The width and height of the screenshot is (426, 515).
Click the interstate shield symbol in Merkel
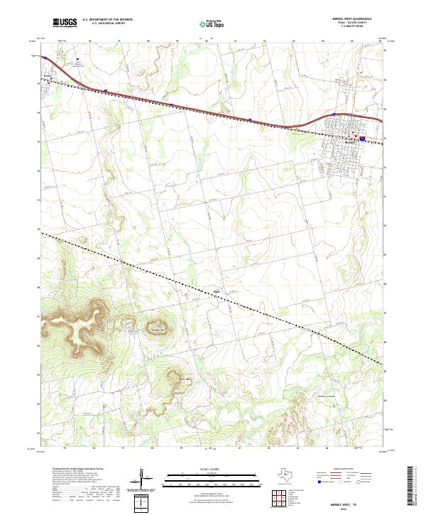click(363, 139)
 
